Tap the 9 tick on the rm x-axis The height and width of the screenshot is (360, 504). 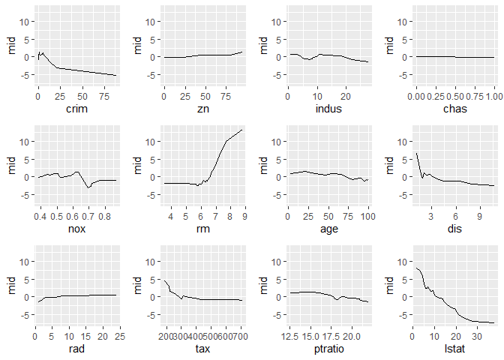(244, 217)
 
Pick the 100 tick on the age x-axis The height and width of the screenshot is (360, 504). (367, 217)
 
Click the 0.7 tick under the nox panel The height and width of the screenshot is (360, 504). (88, 217)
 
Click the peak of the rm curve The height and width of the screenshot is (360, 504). (241, 130)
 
